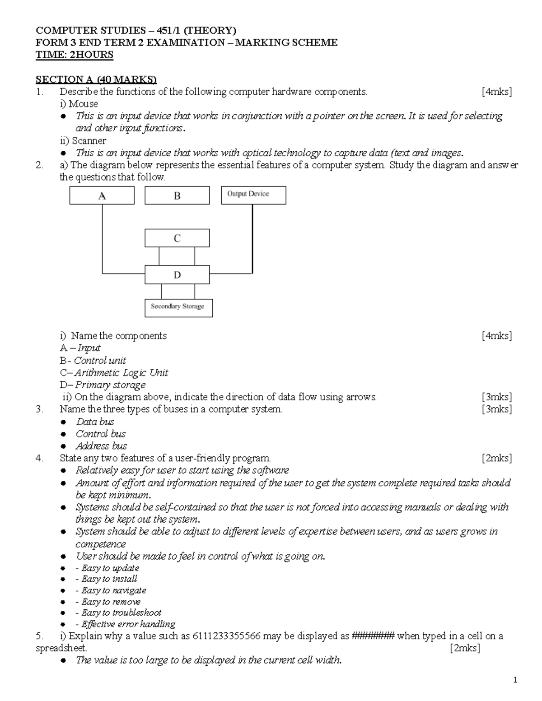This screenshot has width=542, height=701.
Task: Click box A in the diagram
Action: (102, 196)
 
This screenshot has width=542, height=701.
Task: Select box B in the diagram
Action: (177, 196)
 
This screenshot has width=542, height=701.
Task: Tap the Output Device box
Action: (253, 195)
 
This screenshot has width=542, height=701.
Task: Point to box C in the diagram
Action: (177, 238)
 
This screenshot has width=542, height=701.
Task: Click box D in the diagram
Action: (177, 274)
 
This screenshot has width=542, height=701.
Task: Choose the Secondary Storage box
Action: (178, 307)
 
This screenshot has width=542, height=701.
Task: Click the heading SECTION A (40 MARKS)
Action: (96, 79)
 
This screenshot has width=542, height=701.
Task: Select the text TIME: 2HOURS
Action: (75, 55)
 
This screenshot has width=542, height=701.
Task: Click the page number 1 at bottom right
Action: (514, 680)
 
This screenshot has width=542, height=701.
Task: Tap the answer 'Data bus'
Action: (95, 422)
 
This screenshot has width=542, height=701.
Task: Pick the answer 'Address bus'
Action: (101, 446)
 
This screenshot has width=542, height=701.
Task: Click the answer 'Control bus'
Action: (101, 434)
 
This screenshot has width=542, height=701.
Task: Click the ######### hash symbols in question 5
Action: (373, 636)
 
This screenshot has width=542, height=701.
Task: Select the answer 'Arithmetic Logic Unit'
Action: (121, 372)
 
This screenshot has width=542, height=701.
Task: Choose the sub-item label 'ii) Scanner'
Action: (83, 140)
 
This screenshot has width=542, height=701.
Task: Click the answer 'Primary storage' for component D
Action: (110, 385)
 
